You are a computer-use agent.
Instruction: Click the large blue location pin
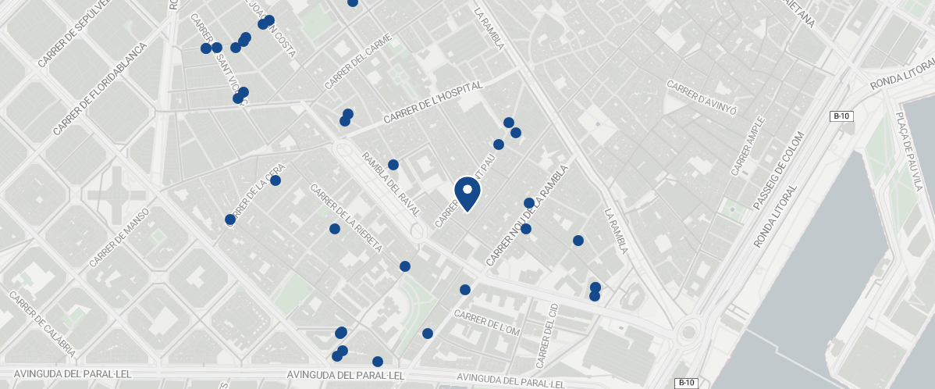coord(467,192)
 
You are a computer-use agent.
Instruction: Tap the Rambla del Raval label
coord(390,184)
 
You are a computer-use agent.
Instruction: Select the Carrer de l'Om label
coord(486,323)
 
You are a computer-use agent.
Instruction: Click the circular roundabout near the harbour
coord(688,334)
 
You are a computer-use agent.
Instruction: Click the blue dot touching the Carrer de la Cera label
coord(276,180)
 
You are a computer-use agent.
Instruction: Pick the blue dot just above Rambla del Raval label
coord(393,165)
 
